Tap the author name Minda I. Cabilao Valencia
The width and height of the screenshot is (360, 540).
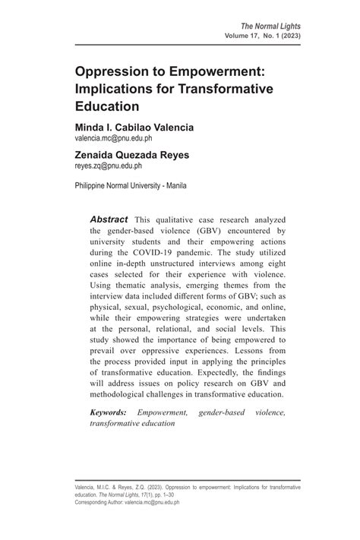pyautogui.click(x=134, y=127)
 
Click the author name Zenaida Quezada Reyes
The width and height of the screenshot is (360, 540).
pyautogui.click(x=131, y=154)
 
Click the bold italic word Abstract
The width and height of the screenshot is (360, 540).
pyautogui.click(x=109, y=219)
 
